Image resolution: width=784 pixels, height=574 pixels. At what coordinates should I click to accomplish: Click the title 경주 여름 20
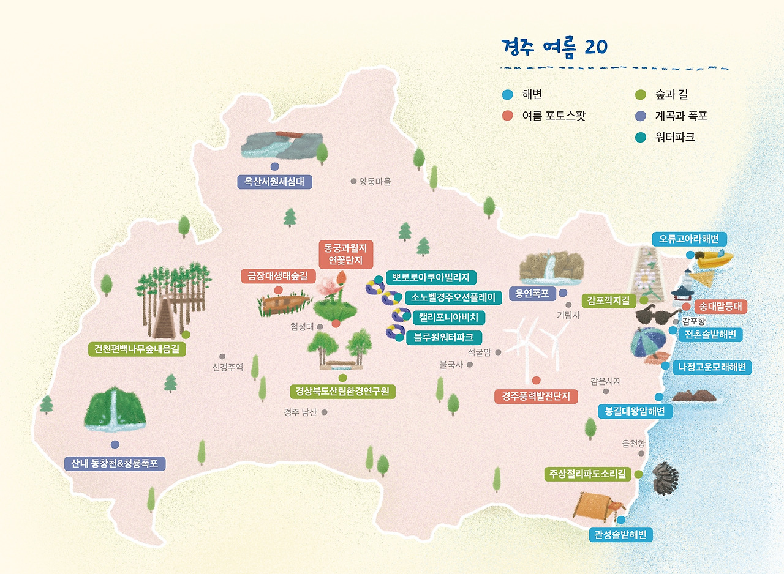(x=554, y=47)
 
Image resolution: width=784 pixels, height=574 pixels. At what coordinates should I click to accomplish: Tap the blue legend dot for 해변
(x=507, y=95)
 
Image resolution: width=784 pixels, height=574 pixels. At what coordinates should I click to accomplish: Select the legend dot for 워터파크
(x=641, y=138)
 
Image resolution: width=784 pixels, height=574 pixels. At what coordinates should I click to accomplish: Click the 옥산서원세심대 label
(x=274, y=182)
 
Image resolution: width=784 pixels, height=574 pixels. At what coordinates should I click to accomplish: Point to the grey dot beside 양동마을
(x=353, y=181)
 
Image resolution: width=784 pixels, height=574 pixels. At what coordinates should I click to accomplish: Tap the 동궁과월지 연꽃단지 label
(x=346, y=255)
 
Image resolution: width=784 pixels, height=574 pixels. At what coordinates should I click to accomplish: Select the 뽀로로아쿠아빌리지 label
(x=431, y=278)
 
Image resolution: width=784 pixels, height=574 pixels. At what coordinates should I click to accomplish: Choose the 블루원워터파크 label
(x=443, y=337)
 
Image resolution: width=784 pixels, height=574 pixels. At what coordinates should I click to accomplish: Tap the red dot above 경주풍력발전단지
(x=536, y=381)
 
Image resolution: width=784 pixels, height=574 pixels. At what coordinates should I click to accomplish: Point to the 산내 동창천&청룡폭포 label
(x=115, y=463)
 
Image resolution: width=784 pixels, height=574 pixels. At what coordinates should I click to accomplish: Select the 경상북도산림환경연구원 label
(x=342, y=391)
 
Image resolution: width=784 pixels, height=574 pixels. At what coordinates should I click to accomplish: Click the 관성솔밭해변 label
(x=620, y=534)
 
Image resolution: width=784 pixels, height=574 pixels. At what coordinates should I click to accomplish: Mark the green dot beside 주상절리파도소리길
(x=638, y=474)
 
